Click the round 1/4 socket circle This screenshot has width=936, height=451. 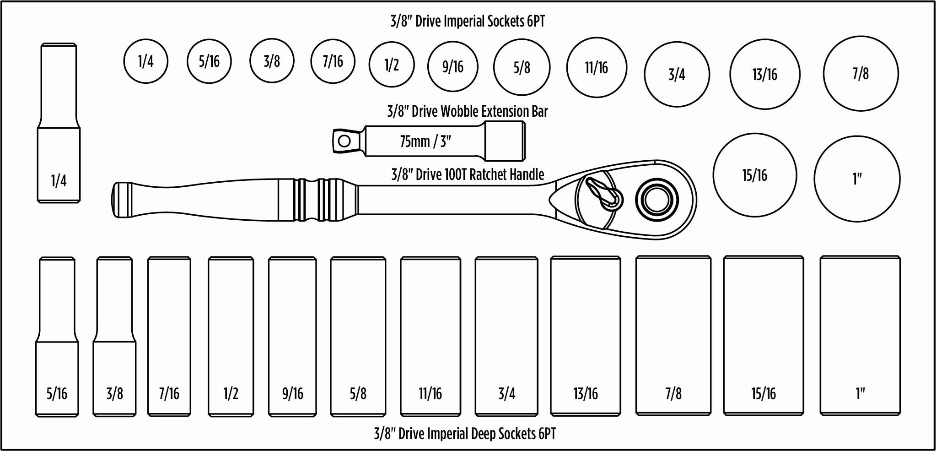pyautogui.click(x=146, y=61)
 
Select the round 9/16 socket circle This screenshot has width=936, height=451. pyautogui.click(x=453, y=67)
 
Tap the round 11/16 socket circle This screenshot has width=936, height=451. pyautogui.click(x=597, y=68)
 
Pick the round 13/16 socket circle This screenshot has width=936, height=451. pyautogui.click(x=764, y=74)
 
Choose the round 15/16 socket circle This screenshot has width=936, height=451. pyautogui.click(x=754, y=175)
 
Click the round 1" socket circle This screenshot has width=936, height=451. pyautogui.click(x=857, y=179)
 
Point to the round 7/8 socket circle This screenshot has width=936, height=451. pyautogui.click(x=861, y=74)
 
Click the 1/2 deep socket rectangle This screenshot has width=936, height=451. pyautogui.click(x=231, y=337)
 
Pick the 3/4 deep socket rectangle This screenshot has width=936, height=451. pyautogui.click(x=506, y=337)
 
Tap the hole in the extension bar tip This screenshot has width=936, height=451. pyautogui.click(x=344, y=141)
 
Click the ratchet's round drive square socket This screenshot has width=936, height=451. pyautogui.click(x=656, y=200)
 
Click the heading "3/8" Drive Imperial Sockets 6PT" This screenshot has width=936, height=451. pyautogui.click(x=468, y=21)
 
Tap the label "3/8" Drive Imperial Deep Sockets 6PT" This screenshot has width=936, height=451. pyautogui.click(x=465, y=434)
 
